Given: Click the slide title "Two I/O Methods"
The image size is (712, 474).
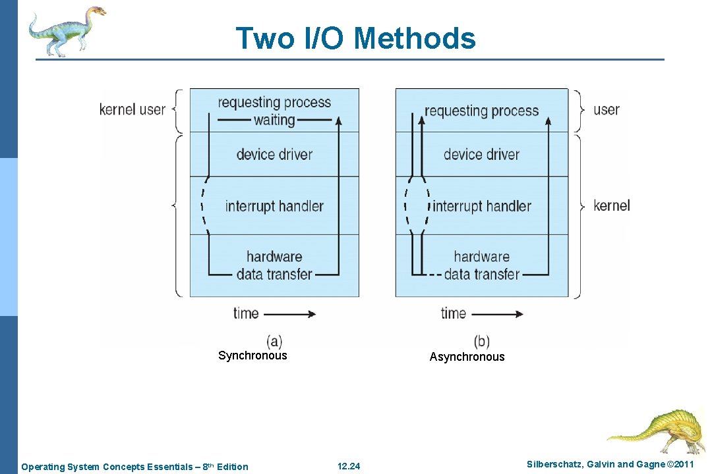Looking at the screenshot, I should click(x=355, y=38).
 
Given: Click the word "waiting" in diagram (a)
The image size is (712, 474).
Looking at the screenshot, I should click(x=274, y=120).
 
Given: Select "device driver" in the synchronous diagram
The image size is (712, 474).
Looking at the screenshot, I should click(x=274, y=155).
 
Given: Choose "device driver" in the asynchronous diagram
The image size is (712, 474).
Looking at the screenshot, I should click(x=481, y=155).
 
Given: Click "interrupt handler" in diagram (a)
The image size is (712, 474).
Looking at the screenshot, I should click(x=274, y=206).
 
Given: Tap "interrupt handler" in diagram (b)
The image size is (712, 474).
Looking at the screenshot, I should click(x=482, y=206).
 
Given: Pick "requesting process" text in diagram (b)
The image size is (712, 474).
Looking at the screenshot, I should click(x=482, y=111).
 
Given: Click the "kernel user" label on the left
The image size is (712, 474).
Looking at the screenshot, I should click(x=132, y=109).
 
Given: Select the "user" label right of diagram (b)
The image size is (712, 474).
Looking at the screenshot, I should click(x=606, y=109).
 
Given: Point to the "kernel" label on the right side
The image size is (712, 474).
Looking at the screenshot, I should click(x=611, y=205).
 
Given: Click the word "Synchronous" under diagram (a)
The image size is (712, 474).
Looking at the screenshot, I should click(x=252, y=355).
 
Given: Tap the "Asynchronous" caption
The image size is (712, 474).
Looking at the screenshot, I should click(x=467, y=357).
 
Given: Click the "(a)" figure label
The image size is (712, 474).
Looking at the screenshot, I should click(x=274, y=341).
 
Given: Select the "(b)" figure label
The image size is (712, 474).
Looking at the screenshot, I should click(x=482, y=341).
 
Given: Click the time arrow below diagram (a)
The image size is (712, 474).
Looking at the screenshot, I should click(x=291, y=314).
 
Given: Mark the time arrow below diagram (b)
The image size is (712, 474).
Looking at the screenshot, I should click(x=498, y=314).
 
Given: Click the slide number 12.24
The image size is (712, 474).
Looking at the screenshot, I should click(x=349, y=467).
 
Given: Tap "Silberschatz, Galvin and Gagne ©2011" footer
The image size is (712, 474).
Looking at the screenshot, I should click(x=610, y=465).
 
